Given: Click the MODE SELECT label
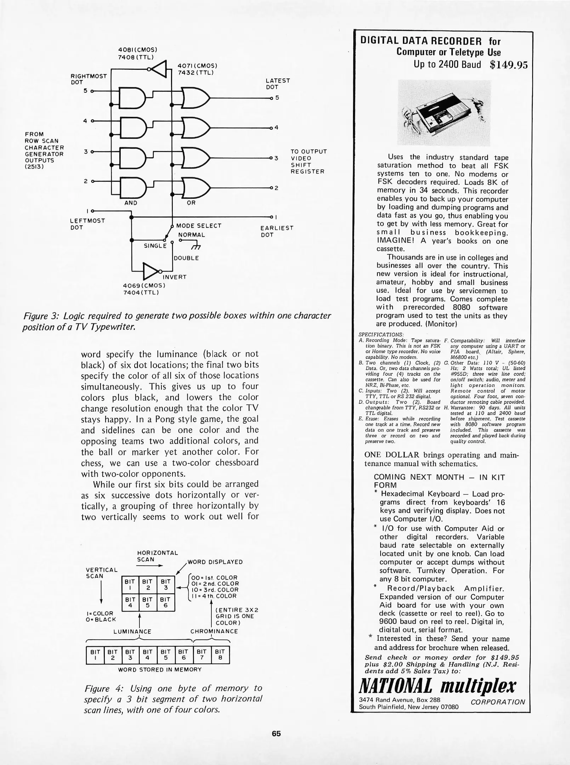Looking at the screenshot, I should pyautogui.click(x=199, y=226).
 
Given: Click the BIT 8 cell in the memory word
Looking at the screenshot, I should pyautogui.click(x=220, y=654).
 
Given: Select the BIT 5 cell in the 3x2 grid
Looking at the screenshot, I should pyautogui.click(x=148, y=602).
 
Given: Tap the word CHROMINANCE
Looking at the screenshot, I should pyautogui.click(x=214, y=631).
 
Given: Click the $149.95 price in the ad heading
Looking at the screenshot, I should pyautogui.click(x=508, y=65).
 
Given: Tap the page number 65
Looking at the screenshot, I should pyautogui.click(x=276, y=733).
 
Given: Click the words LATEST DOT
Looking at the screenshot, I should pyautogui.click(x=278, y=84).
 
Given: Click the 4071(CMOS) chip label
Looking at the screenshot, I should pyautogui.click(x=197, y=66).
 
